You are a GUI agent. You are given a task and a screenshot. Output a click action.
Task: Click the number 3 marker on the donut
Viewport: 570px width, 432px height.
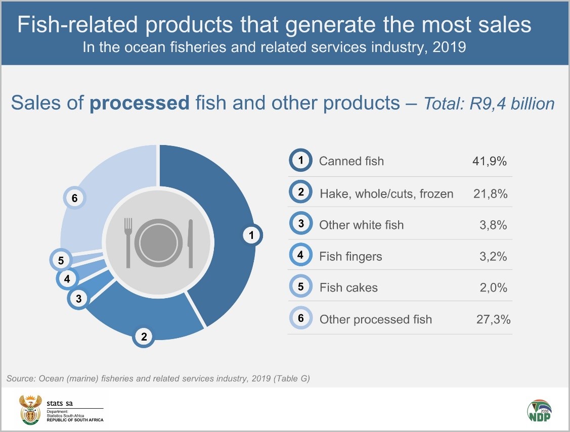[78, 299]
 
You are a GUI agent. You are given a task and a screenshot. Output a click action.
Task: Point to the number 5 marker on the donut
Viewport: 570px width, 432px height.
[61, 261]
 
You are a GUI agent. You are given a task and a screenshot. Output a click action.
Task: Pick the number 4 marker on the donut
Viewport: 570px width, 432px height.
[67, 278]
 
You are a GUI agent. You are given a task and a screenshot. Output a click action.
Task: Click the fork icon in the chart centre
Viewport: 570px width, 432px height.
[128, 243]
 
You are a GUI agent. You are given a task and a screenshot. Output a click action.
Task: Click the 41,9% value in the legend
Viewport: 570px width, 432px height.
[489, 161]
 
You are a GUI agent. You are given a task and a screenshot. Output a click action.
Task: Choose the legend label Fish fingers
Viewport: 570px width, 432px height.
[350, 256]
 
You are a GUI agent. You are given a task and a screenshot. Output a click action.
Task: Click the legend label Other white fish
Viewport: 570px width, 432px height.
[361, 225]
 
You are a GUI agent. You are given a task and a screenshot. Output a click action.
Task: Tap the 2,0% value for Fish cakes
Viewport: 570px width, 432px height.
[493, 287]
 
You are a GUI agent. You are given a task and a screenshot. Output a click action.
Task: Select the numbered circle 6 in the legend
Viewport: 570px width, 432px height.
[300, 318]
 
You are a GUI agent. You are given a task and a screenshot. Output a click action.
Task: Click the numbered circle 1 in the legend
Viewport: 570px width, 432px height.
[300, 161]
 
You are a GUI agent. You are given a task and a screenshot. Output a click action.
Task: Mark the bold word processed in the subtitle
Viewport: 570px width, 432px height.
[139, 103]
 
